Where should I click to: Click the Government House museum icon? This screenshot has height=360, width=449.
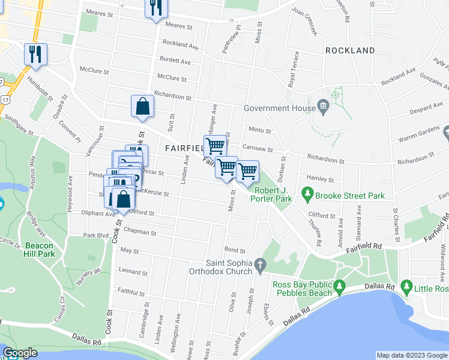point(324,108)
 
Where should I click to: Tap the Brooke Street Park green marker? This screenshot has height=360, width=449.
point(307,194)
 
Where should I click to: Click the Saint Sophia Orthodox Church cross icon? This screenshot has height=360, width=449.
point(260,264)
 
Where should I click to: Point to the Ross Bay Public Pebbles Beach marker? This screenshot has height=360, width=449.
point(340,286)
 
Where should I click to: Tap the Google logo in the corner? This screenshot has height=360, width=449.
point(20,353)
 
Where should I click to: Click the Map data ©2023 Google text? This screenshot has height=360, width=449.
point(411,355)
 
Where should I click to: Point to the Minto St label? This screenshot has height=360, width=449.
point(260,130)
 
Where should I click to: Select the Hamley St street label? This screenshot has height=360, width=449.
point(319,179)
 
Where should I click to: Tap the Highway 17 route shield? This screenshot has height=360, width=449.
point(5,98)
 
